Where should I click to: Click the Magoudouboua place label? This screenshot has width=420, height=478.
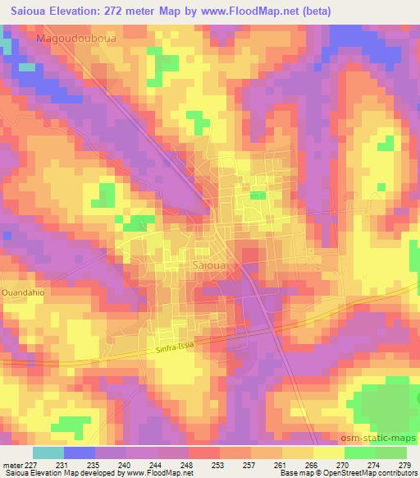[75, 39]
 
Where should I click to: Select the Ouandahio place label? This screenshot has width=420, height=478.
[25, 292]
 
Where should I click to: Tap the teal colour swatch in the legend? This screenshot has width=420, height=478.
[48, 453]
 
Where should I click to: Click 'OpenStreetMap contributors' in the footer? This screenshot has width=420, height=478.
[369, 473]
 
